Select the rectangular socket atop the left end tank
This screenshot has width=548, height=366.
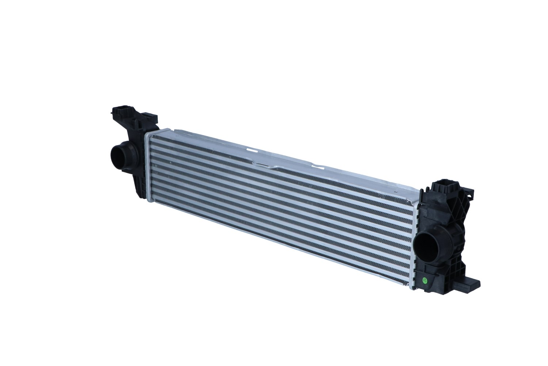(121, 110)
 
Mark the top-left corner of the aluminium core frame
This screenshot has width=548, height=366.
(146, 134)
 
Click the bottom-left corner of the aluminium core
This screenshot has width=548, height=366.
(150, 200)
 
